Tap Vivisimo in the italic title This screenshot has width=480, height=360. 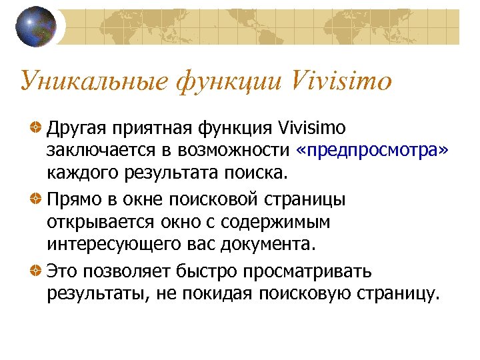tap(341, 81)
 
